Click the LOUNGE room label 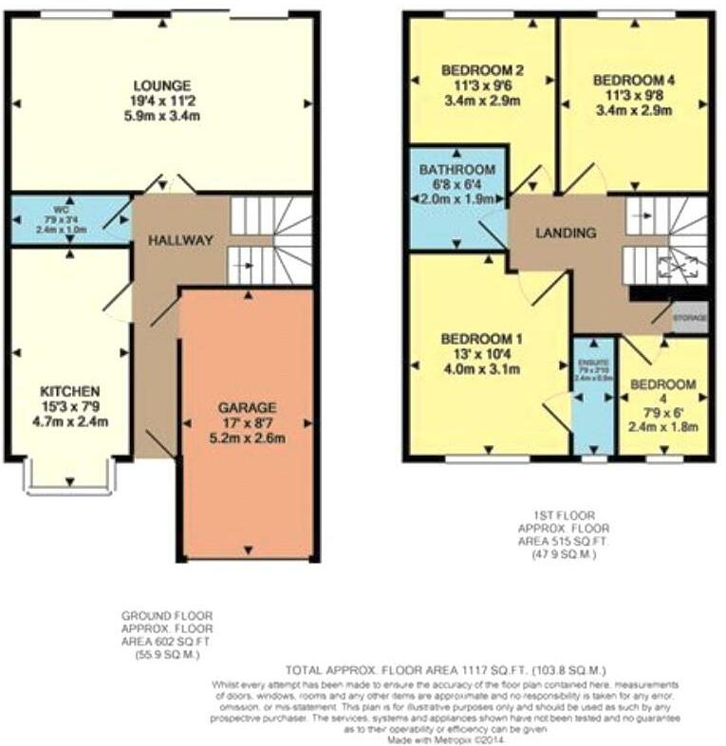161,85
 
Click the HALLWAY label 180,240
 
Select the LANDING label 565,233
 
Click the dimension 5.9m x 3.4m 161,116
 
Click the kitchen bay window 72,477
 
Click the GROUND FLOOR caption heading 167,615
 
